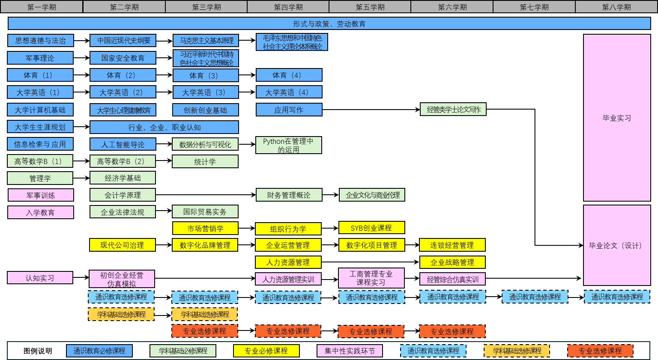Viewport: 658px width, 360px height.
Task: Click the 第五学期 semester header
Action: (x=370, y=7)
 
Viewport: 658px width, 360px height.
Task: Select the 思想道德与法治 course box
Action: (x=41, y=41)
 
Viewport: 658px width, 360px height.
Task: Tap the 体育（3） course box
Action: (x=206, y=75)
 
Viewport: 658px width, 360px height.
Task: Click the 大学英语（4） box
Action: (x=289, y=92)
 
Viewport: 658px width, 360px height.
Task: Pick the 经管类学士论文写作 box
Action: (x=453, y=110)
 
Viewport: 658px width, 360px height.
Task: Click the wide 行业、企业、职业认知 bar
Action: (x=164, y=127)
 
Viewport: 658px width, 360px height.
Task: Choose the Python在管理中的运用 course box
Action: (x=288, y=145)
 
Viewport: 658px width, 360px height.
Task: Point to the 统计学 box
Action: (x=205, y=161)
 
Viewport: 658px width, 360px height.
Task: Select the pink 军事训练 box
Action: (x=41, y=195)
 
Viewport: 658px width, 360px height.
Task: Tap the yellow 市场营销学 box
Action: (x=205, y=229)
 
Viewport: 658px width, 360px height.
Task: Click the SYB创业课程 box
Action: (x=371, y=228)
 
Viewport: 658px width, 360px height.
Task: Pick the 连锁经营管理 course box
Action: (x=452, y=245)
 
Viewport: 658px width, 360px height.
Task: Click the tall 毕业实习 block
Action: (x=617, y=118)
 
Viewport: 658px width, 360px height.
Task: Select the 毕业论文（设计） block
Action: (x=617, y=245)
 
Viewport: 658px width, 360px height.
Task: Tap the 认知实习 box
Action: (x=40, y=278)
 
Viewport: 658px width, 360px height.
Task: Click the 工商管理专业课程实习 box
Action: (x=371, y=278)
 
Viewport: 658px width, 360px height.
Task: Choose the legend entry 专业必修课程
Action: (x=266, y=351)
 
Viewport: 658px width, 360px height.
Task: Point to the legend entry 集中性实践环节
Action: (x=350, y=351)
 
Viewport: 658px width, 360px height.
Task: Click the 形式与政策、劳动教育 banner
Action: (x=329, y=24)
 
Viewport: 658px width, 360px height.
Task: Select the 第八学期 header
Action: (x=616, y=7)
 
